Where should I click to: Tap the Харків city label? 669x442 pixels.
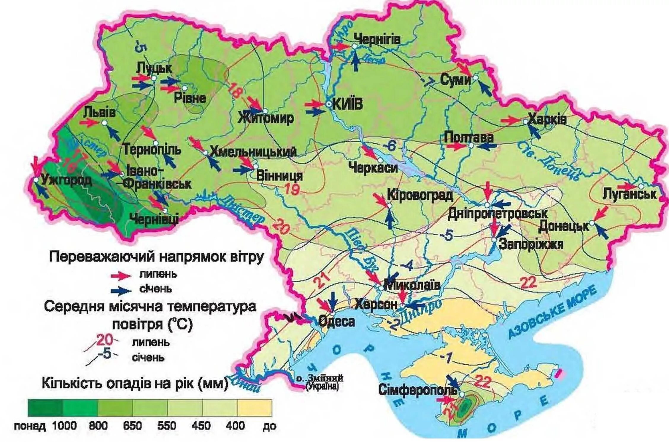[x=547, y=119]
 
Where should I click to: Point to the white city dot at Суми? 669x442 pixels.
[x=475, y=78]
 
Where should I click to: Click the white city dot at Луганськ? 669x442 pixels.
[x=641, y=186]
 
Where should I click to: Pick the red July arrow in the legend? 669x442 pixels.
[x=121, y=275]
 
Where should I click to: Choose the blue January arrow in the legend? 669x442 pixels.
[x=121, y=290]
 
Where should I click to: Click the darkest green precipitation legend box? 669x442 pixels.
[x=45, y=408]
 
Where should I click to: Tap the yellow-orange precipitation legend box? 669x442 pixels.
[x=254, y=408]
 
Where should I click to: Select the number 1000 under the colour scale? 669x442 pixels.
[x=64, y=426]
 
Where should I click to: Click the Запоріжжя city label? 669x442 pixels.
[x=531, y=244]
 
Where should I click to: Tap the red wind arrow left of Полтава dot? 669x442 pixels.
[x=457, y=146]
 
